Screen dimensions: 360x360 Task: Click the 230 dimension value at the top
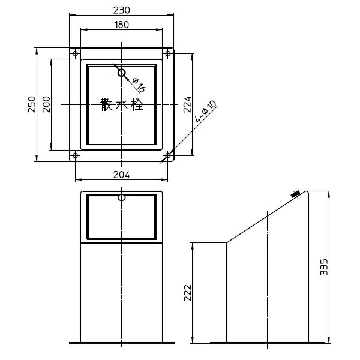[121, 10]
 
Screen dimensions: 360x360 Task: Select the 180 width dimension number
[121, 25]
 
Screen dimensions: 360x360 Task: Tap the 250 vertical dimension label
[32, 104]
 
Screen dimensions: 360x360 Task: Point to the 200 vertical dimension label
[46, 104]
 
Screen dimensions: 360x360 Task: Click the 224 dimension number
[187, 104]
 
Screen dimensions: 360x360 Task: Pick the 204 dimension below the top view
[121, 175]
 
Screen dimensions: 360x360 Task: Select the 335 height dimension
[324, 267]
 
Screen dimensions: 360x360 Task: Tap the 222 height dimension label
[188, 293]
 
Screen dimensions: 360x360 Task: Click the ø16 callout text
[139, 85]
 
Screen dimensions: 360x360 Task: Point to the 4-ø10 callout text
[205, 111]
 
